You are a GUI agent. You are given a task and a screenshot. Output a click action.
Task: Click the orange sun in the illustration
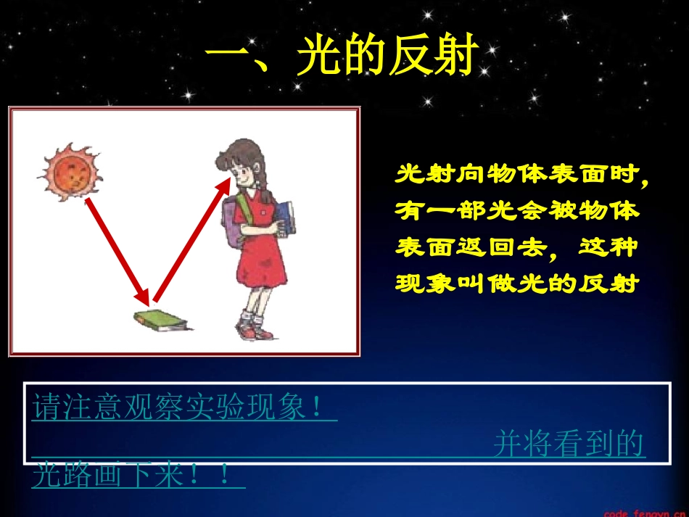coord(70,172)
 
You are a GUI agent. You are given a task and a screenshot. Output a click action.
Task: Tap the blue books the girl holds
coord(285,216)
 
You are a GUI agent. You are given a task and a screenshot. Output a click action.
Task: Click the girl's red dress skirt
coord(258,272)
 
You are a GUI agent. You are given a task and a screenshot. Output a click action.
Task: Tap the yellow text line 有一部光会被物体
coord(517,211)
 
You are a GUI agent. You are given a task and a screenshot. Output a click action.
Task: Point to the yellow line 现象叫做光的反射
coord(517,284)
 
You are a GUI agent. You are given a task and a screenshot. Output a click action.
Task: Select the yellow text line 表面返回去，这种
coord(517,247)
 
